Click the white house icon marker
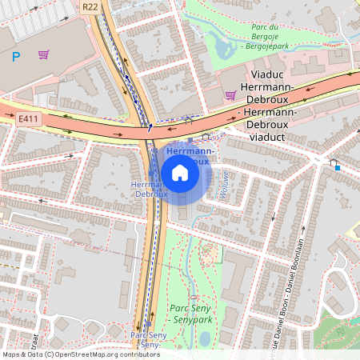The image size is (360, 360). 180,172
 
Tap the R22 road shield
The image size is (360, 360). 90,6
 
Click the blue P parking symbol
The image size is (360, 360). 16,56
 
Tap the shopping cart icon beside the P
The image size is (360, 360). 43,54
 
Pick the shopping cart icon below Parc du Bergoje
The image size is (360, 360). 230,95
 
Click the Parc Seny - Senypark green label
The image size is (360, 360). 190,314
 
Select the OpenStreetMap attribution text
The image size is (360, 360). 80,354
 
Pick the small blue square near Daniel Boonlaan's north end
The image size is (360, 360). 337,168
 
